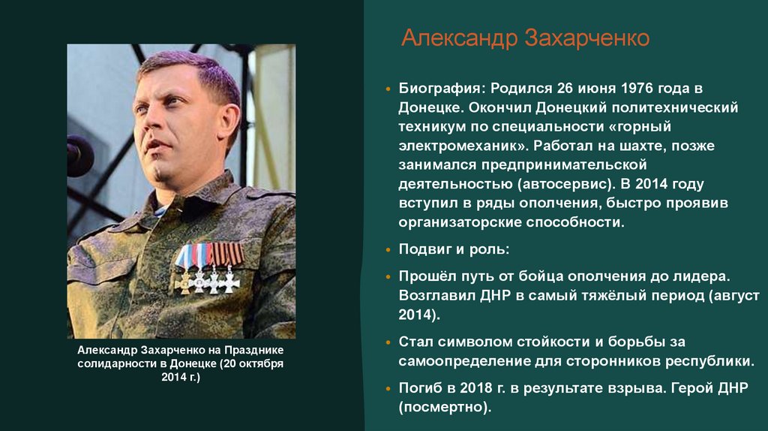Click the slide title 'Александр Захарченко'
click(x=525, y=38)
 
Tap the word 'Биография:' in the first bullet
click(x=439, y=89)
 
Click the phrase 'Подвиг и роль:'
click(x=454, y=249)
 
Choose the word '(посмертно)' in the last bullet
click(x=445, y=408)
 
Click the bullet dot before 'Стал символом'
click(x=387, y=342)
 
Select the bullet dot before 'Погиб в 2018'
click(x=387, y=390)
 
